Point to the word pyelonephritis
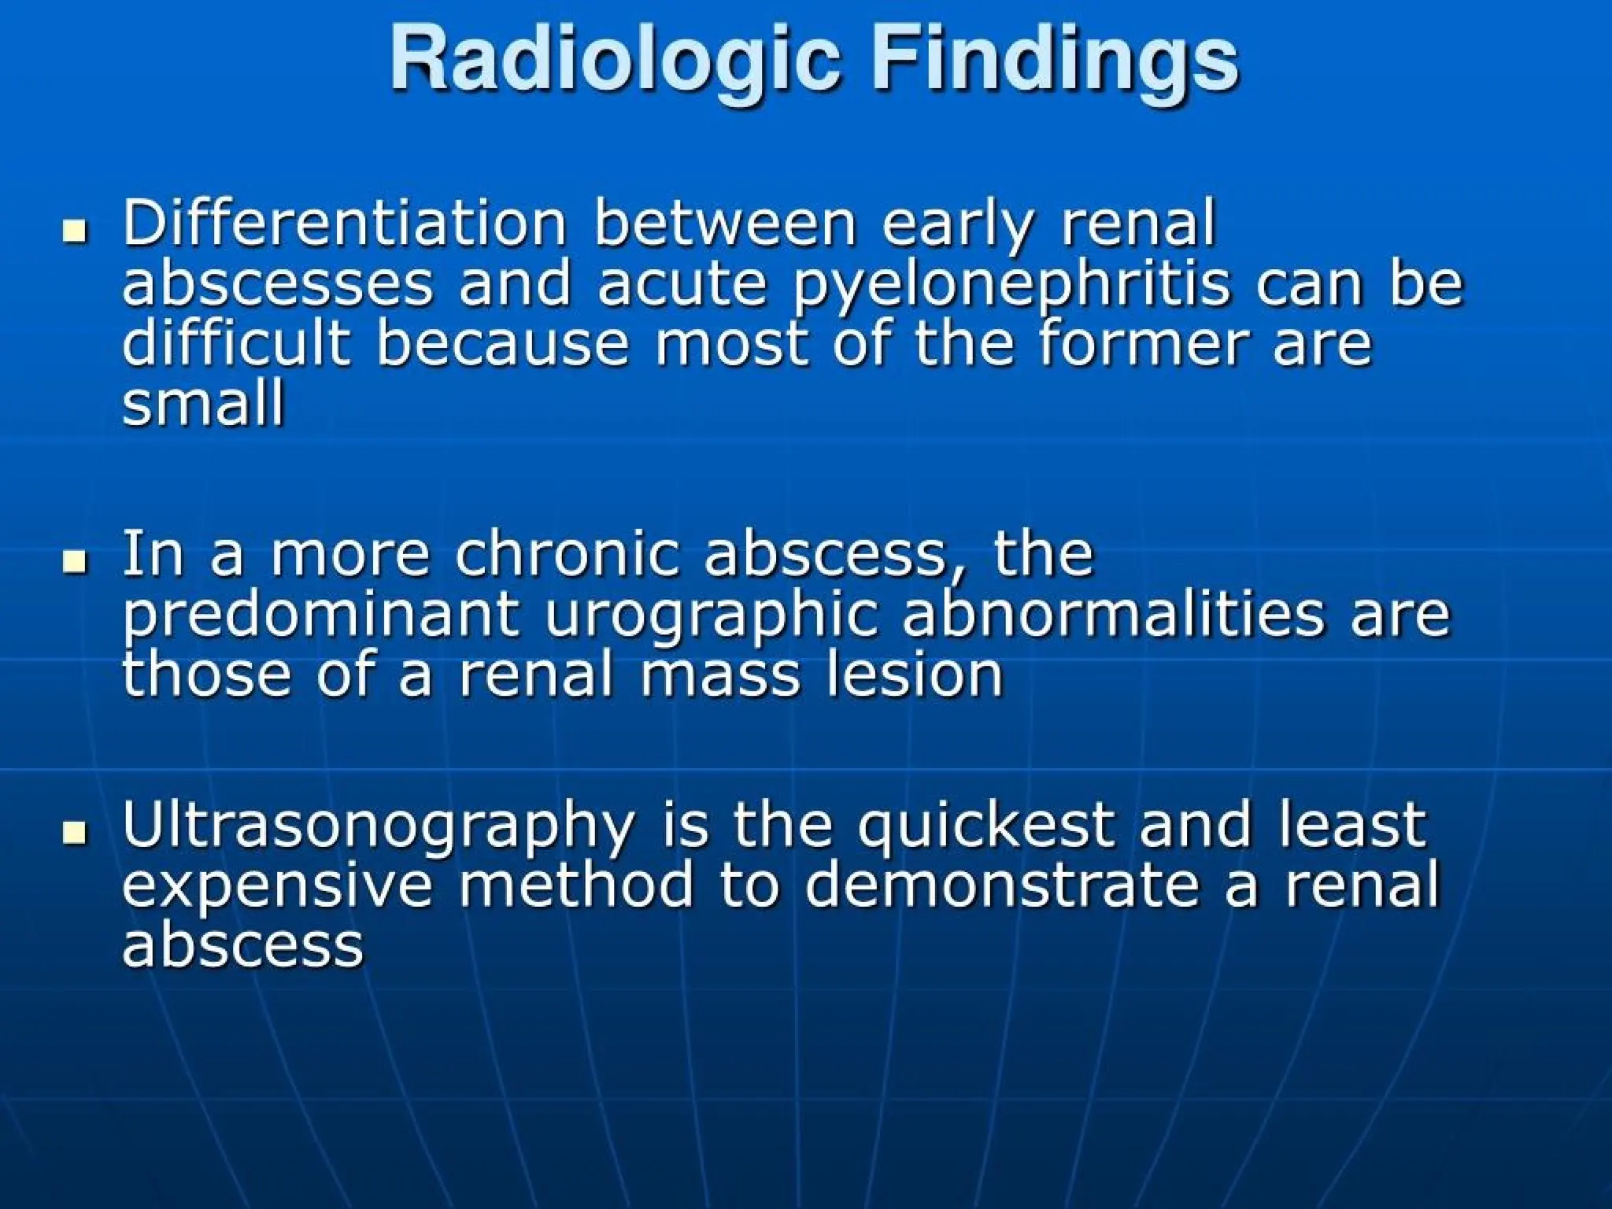click(x=1011, y=285)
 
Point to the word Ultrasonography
click(x=378, y=826)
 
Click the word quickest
click(x=985, y=826)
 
